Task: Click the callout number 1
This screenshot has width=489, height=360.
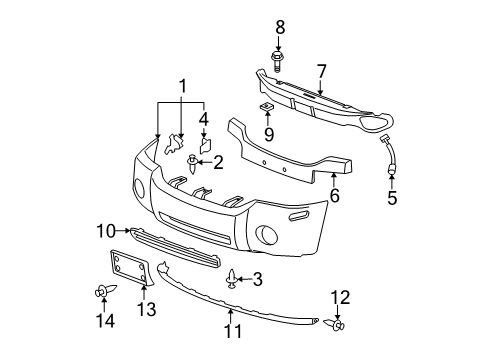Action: click(181, 86)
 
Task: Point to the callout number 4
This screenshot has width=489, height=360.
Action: click(204, 118)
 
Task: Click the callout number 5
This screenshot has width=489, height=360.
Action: click(392, 198)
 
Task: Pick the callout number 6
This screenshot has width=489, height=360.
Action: click(334, 196)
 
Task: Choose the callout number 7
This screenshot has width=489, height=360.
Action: click(321, 72)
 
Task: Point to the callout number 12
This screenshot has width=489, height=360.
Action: click(340, 296)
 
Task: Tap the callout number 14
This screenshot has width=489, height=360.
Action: click(103, 321)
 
